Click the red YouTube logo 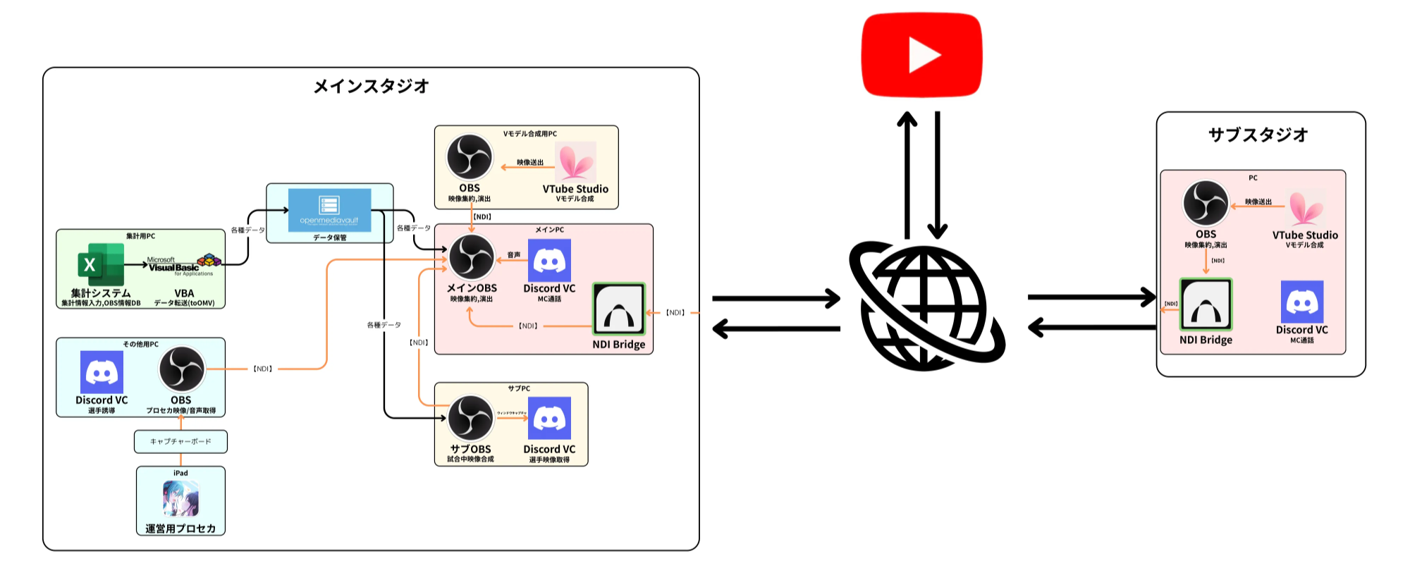point(921,54)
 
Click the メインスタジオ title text point(371,87)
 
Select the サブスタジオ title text point(1258,135)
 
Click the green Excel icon point(100,264)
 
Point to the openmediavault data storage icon point(329,209)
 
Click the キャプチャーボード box point(180,442)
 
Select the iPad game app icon point(180,498)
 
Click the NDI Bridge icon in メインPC point(618,309)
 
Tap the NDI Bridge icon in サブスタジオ point(1206,305)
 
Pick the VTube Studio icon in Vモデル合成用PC point(575,161)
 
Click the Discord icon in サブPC point(549,419)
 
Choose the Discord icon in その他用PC point(102,371)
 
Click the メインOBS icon point(472,257)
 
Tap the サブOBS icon point(470,419)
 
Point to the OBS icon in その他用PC point(181,369)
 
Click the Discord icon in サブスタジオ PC point(1301,302)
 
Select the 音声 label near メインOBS point(514,255)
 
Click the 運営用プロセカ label point(180,529)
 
